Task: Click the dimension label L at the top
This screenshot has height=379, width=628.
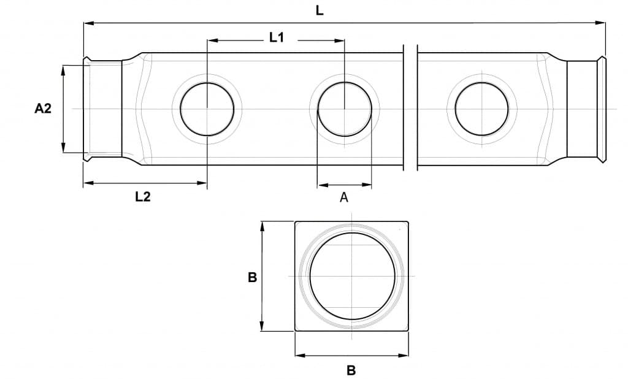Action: (319, 10)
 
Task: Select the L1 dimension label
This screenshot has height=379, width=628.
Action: (277, 37)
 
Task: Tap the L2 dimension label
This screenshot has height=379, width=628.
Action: (142, 197)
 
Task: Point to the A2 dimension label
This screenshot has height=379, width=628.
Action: (43, 108)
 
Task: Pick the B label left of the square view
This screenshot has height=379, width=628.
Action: (252, 277)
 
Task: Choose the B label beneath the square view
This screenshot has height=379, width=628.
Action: (351, 370)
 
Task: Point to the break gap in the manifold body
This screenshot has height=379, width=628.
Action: (410, 108)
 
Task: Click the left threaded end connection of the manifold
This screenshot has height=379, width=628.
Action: (102, 109)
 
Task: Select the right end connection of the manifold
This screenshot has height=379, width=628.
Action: (586, 109)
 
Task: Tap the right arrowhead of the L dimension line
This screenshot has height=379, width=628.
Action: (600, 23)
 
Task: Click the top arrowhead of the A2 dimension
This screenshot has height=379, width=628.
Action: (63, 70)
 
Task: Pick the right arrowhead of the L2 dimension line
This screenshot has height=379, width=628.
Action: (202, 183)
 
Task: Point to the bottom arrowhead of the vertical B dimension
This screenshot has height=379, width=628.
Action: (262, 326)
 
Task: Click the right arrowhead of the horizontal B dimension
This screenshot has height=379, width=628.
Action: (404, 355)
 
